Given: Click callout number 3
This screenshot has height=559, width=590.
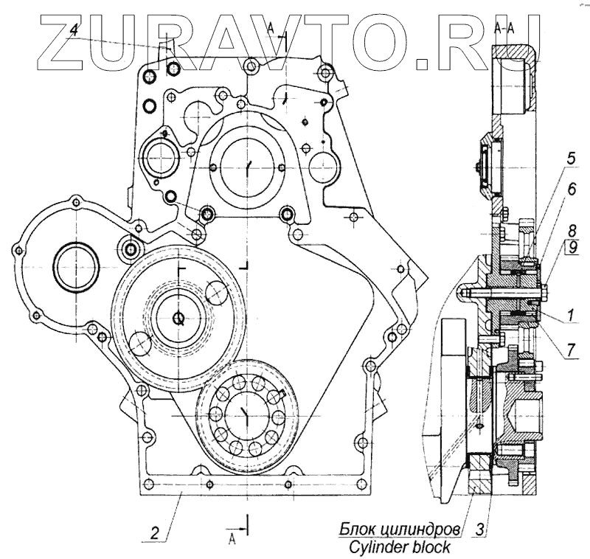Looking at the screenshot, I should (482, 529).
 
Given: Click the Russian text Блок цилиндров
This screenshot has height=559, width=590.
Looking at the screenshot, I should (400, 529).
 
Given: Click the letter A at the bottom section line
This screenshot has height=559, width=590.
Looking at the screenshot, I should (232, 539).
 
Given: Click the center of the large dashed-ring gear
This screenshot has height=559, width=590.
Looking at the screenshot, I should (178, 318).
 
